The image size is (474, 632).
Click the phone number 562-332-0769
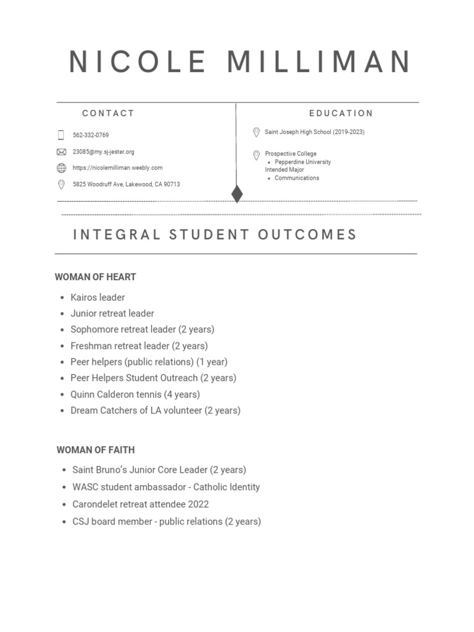point(91,135)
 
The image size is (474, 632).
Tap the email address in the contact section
point(103,152)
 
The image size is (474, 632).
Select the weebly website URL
point(117,168)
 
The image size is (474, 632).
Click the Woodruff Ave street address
point(126,185)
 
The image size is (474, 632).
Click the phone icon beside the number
point(61,135)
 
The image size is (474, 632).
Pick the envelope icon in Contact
point(61,152)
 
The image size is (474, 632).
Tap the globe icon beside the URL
point(61,168)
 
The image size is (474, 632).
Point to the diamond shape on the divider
point(236,194)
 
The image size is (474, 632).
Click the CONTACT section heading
point(108,114)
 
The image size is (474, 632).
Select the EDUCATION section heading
point(341,114)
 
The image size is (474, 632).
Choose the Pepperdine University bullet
point(302,162)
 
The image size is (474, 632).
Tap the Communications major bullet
point(297,178)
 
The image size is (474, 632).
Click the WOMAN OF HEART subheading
point(95,277)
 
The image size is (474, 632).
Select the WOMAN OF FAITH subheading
point(96,450)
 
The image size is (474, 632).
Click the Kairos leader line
point(98,297)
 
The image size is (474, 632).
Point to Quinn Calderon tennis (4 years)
point(135,394)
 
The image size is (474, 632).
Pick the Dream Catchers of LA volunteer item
point(156,410)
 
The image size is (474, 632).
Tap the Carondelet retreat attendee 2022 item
point(141,504)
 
